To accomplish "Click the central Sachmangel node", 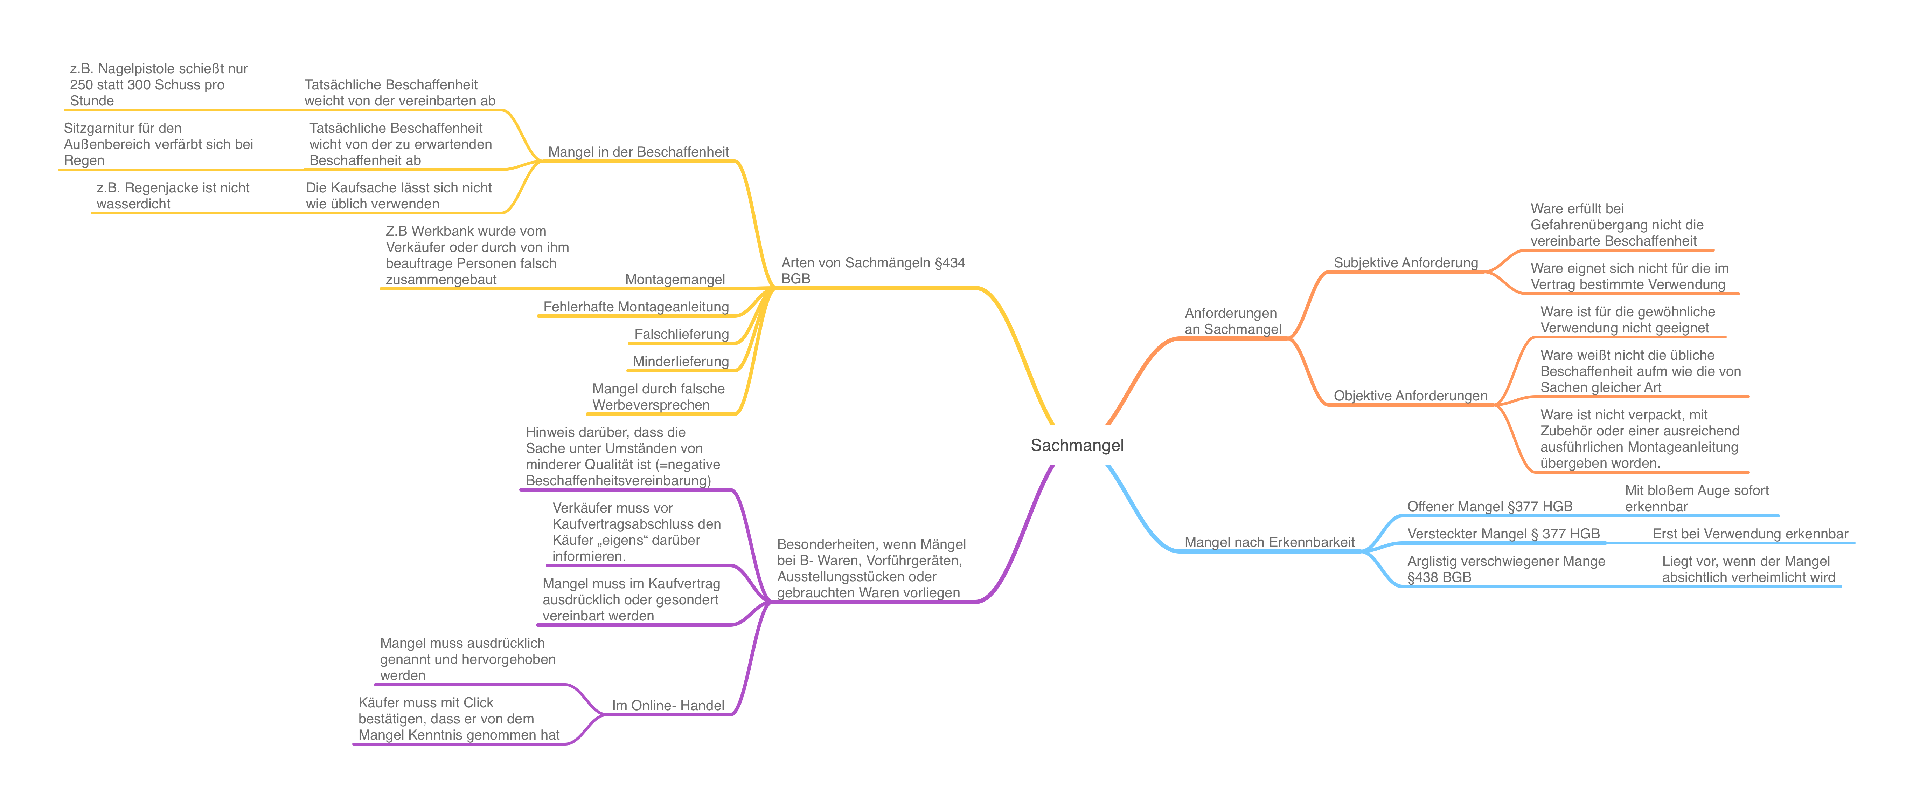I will (1077, 445).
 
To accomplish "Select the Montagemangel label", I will (674, 279).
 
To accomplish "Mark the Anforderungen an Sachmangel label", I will (1233, 321).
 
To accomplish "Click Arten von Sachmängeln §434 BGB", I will (872, 270).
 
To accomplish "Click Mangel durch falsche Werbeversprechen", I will (658, 397).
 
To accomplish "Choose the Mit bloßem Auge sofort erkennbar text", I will (1696, 499).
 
